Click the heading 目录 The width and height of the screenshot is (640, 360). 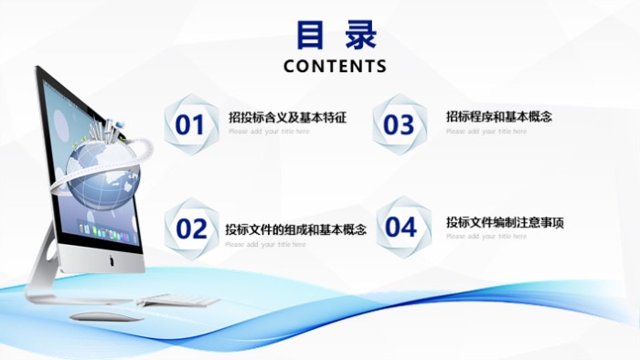[x=336, y=36]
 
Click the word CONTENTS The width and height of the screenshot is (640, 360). [x=336, y=67]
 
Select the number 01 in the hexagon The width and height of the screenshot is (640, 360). [x=190, y=124]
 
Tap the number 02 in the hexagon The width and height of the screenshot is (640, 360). [x=191, y=228]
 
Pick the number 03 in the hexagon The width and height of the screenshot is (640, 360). [x=399, y=124]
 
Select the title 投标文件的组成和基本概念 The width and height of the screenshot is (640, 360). [x=295, y=229]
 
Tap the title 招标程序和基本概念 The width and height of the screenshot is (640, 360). [x=499, y=116]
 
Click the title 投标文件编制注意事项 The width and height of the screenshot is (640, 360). [x=506, y=222]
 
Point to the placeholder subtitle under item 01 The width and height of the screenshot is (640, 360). [x=269, y=132]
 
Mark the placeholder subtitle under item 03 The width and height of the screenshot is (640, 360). [x=486, y=131]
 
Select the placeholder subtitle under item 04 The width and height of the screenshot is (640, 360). [x=486, y=237]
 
